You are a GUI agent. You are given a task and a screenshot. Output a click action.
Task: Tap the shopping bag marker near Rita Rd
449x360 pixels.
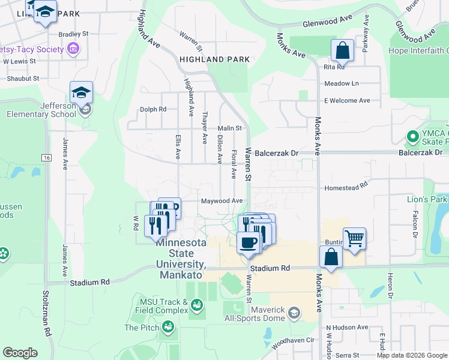[x=342, y=52]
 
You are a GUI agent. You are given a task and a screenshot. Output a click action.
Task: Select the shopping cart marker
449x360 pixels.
[x=354, y=238]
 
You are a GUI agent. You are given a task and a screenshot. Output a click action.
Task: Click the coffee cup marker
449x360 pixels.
[x=247, y=243]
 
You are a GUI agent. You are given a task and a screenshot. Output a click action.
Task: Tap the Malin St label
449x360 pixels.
[x=229, y=128]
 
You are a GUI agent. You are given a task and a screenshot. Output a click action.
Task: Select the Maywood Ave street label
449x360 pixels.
[x=221, y=200]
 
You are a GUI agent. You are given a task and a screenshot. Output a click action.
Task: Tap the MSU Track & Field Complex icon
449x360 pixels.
[x=196, y=307]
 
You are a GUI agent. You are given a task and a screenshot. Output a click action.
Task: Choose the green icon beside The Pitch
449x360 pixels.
[x=169, y=327]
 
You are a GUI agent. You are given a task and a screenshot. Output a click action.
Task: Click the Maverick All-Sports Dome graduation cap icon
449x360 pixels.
[x=294, y=313]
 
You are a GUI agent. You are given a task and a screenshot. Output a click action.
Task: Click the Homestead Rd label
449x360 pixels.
[x=345, y=188]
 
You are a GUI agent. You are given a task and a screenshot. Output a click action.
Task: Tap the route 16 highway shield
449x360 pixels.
[x=46, y=157]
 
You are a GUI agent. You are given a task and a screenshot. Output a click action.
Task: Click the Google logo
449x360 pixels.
[x=20, y=353]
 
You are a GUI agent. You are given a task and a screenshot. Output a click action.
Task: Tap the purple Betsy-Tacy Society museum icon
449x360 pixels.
[x=73, y=49]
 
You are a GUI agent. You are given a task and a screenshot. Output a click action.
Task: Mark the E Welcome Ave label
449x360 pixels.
[x=347, y=100]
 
